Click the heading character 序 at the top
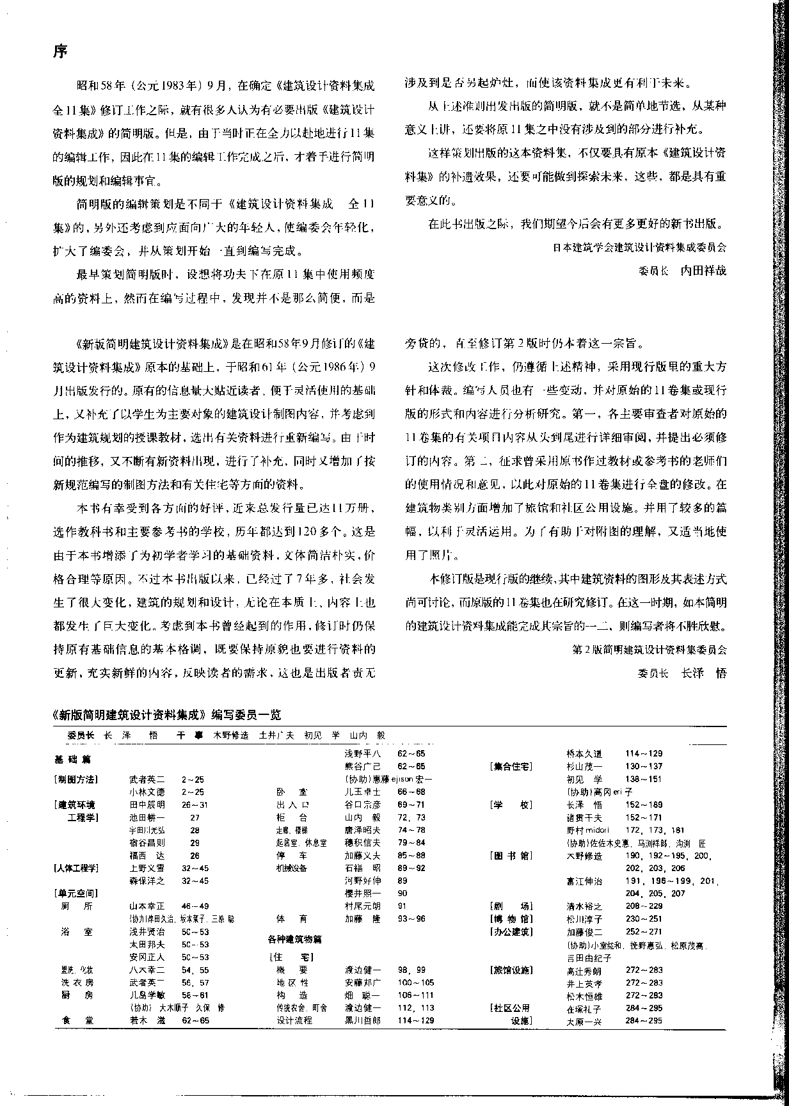(60, 51)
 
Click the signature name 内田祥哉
(703, 270)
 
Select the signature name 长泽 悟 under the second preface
(703, 673)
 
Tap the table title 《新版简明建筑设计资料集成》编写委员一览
(167, 714)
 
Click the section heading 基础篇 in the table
(72, 760)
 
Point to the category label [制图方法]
(76, 779)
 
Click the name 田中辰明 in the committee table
(147, 805)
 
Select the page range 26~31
(195, 805)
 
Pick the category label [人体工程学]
(76, 868)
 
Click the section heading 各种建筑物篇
(294, 939)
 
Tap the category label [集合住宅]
(511, 766)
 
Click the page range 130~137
(643, 766)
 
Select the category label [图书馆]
(511, 855)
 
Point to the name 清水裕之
(584, 906)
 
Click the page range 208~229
(643, 906)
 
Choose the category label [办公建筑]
(511, 932)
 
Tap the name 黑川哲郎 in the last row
(363, 1020)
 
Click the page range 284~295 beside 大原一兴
(643, 1020)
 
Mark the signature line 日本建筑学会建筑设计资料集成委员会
(639, 247)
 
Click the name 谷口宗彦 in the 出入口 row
(363, 805)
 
